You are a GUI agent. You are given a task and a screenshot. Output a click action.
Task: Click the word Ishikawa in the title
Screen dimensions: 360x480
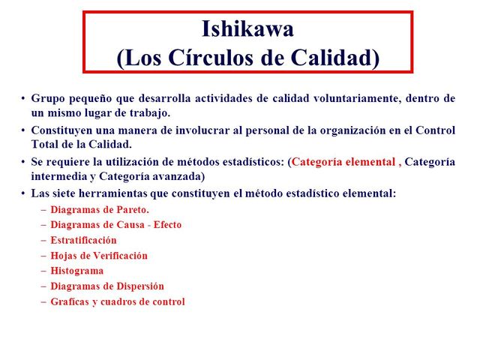(x=247, y=29)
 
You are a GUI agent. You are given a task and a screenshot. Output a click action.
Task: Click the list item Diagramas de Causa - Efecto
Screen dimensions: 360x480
(x=115, y=224)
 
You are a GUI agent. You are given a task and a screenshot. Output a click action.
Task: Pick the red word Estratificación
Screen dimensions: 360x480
(x=83, y=240)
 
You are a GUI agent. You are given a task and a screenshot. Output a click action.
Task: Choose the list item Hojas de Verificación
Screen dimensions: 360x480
(x=99, y=255)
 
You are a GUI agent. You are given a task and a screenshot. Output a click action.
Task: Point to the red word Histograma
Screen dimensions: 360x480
(x=77, y=271)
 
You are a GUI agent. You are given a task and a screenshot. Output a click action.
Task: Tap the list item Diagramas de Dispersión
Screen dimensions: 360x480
(x=107, y=286)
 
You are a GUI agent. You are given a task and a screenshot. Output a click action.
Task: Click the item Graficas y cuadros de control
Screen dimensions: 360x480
(x=118, y=301)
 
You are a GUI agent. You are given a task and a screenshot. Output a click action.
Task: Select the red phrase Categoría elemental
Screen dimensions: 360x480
(x=343, y=162)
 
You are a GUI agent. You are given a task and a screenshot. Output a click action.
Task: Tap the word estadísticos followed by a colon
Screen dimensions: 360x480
(x=247, y=162)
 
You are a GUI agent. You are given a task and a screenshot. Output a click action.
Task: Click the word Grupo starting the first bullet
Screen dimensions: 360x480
(x=47, y=98)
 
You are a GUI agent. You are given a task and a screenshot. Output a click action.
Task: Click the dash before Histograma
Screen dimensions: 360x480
(x=43, y=271)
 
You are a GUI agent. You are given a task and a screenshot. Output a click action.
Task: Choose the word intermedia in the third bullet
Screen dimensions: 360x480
(x=58, y=177)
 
